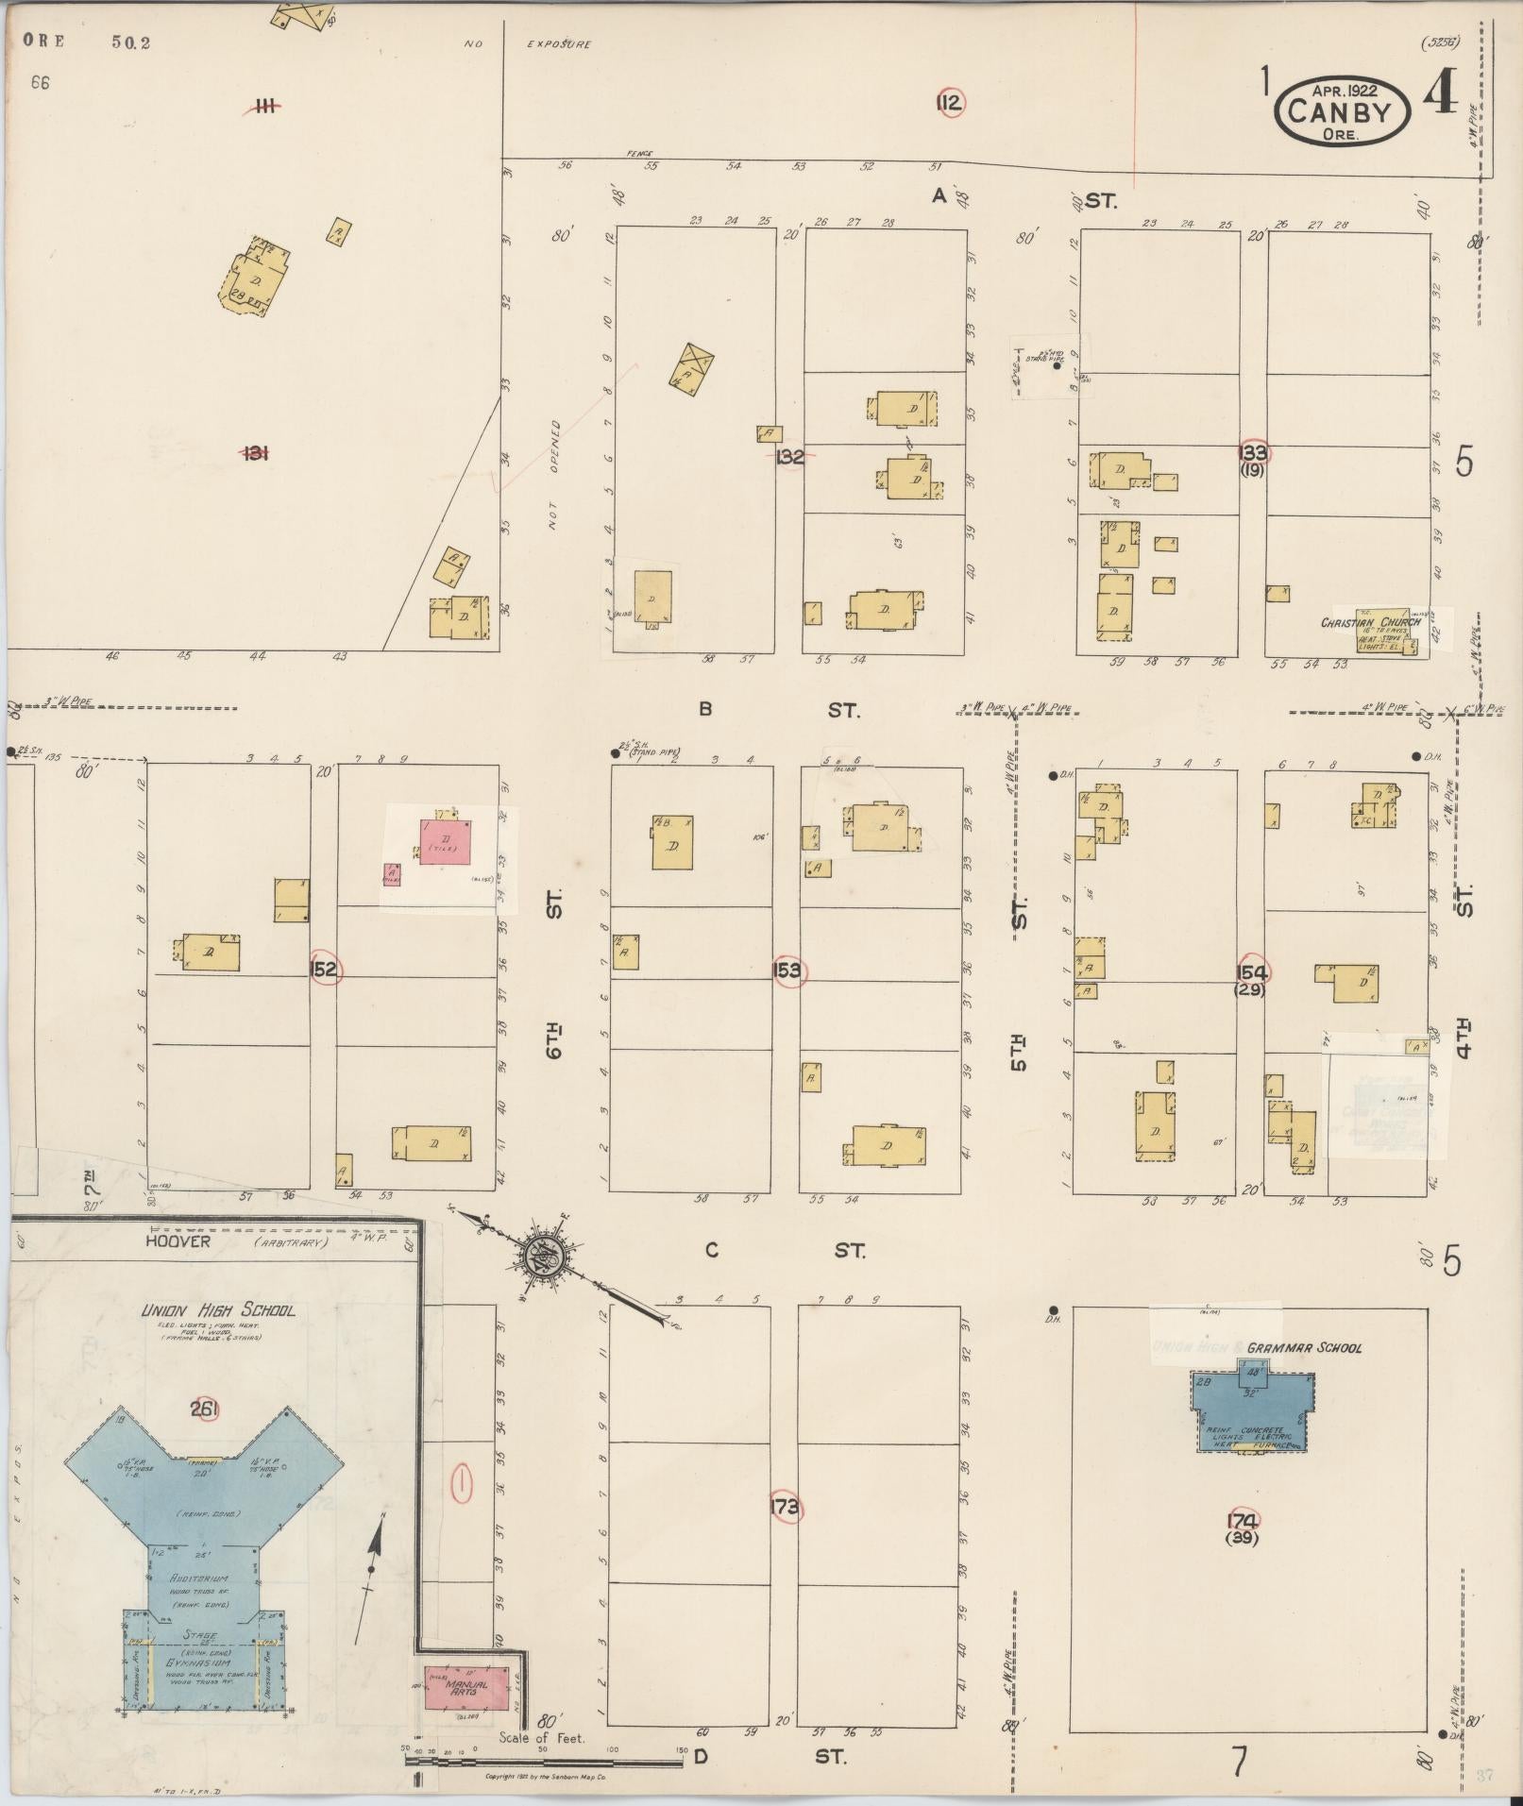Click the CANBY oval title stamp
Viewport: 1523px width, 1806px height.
1342,111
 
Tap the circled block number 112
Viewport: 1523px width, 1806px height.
949,103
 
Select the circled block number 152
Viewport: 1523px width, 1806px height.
324,970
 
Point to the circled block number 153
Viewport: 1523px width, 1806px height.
787,970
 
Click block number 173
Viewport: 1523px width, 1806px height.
785,1506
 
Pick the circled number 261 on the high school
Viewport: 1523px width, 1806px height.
204,1409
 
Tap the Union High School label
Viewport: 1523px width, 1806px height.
217,1310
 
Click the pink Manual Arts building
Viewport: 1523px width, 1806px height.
466,1687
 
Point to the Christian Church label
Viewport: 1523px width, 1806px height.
1369,622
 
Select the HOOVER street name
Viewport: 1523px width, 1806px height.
178,1241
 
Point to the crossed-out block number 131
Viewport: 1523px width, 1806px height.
255,453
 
